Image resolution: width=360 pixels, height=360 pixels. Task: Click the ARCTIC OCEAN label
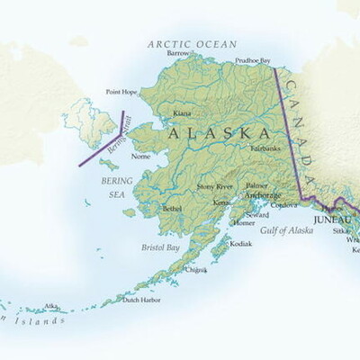(192, 43)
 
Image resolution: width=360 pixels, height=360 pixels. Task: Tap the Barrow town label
(178, 53)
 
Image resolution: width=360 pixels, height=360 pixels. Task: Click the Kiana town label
(181, 113)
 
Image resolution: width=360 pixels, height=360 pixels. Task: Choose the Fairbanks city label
(265, 146)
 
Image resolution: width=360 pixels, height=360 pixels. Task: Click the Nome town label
(140, 156)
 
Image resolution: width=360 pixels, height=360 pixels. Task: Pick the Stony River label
(215, 185)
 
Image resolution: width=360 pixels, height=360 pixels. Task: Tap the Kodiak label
(240, 243)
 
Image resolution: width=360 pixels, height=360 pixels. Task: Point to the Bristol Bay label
(160, 247)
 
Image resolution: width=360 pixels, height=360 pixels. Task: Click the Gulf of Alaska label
(287, 230)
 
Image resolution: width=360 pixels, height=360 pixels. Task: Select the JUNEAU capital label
(330, 219)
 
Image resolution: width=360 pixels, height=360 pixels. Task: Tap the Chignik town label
(195, 269)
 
